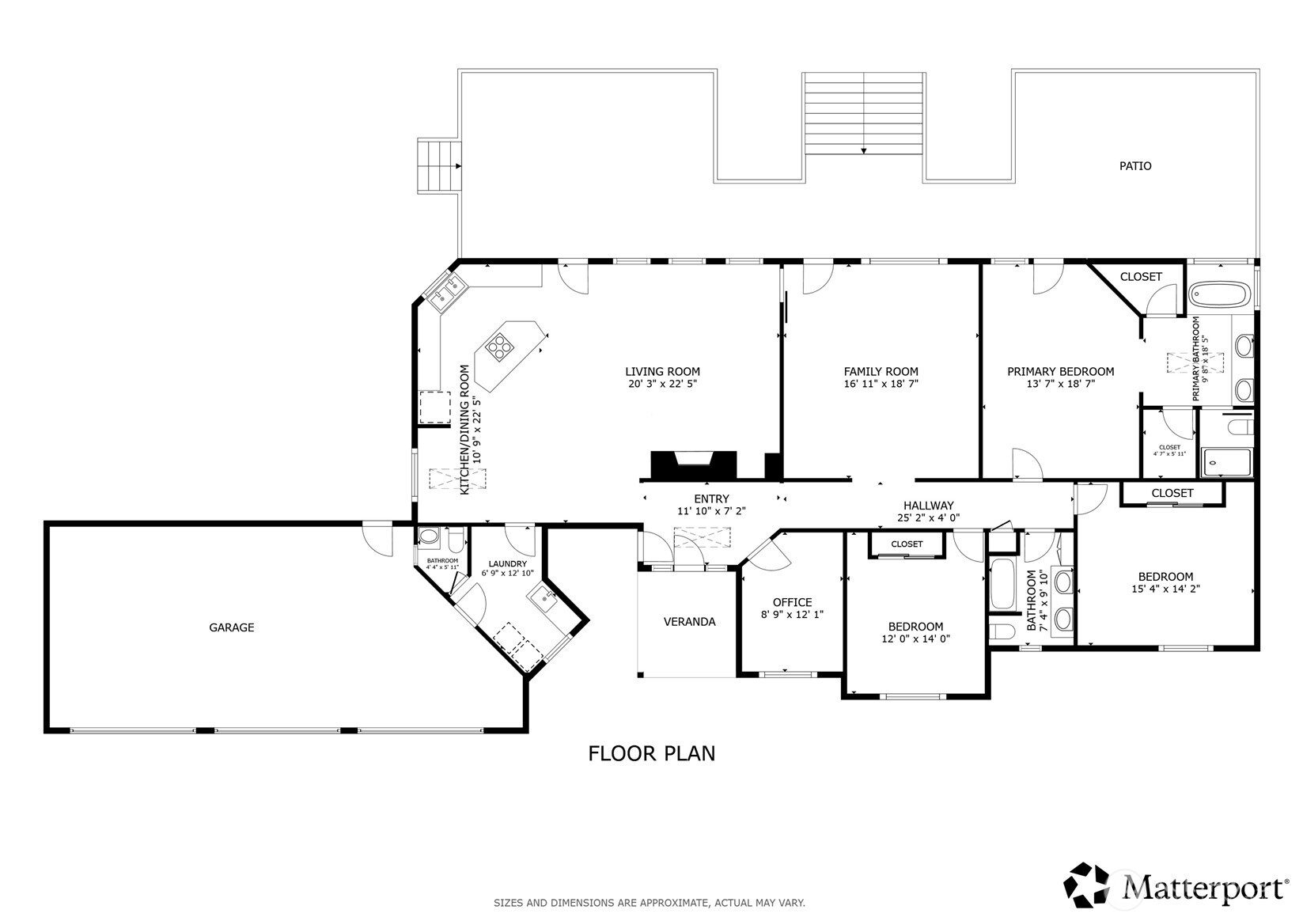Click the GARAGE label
[231, 627]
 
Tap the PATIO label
[1134, 166]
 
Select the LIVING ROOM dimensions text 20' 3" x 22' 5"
[662, 384]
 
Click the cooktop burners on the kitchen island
[499, 346]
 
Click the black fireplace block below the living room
[693, 464]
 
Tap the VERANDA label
[689, 622]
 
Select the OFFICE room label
[792, 602]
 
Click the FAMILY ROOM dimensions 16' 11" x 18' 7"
[881, 384]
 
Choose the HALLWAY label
[928, 506]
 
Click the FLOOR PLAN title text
[651, 753]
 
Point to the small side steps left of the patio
[438, 166]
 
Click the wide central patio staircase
[863, 114]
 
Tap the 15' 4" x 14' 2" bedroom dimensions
[1165, 589]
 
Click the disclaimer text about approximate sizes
[649, 903]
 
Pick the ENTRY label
[710, 498]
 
